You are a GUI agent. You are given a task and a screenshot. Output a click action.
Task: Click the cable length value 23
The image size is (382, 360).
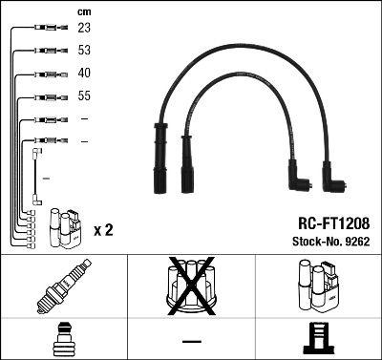(x=84, y=29)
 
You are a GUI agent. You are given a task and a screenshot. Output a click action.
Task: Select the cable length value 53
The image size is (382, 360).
(x=84, y=51)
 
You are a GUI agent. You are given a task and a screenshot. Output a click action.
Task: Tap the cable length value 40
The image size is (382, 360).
(x=84, y=74)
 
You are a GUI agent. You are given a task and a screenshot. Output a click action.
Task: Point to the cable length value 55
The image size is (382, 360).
(x=84, y=96)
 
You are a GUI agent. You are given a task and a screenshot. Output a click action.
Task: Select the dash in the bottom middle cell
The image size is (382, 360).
(x=191, y=340)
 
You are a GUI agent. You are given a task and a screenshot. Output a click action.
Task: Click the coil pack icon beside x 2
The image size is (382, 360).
(x=66, y=225)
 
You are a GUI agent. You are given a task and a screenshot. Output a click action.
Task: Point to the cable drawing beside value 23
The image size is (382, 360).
(x=46, y=29)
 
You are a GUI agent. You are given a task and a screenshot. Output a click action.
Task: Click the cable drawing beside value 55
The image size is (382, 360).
(x=46, y=96)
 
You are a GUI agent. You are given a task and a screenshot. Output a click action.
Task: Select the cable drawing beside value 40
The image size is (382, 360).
(x=46, y=74)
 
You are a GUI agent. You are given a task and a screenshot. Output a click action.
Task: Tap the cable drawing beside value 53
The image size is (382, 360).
(x=46, y=51)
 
